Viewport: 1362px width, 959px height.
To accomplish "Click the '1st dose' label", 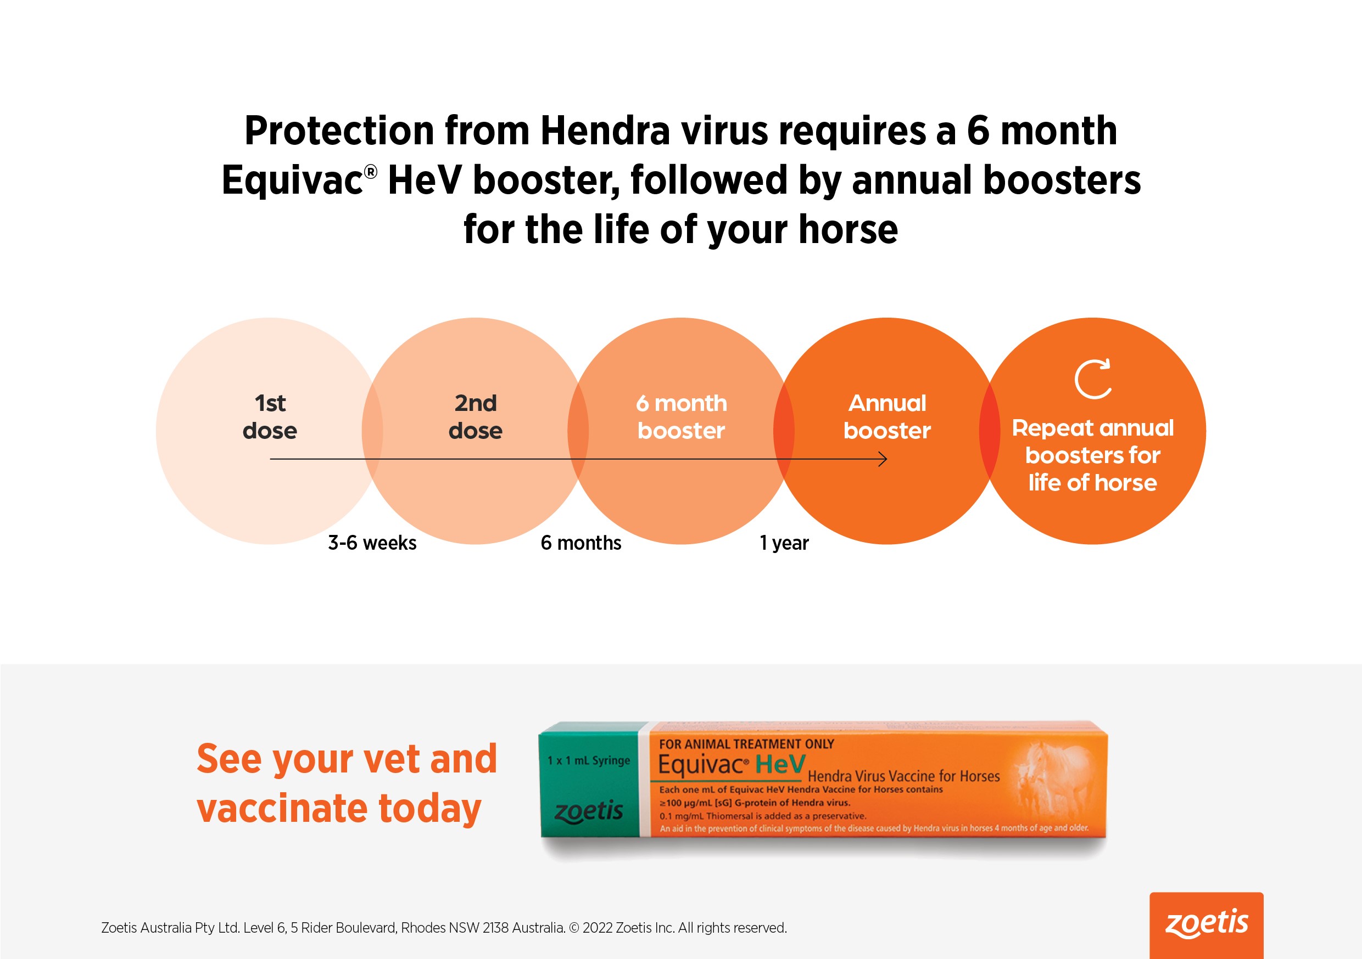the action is pos(270,416).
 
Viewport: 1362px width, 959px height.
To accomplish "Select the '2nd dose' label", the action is pos(476,416).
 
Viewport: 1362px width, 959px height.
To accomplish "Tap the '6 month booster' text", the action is pos(681,416).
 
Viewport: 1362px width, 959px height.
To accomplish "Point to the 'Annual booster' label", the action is pos(887,416).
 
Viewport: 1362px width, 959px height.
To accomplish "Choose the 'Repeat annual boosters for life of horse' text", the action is pos(1093,455).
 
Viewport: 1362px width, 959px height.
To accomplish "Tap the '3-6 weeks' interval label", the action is pos(372,543).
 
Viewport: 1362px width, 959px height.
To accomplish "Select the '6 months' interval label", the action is pos(580,543).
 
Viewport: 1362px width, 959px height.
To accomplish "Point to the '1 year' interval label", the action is pos(784,543).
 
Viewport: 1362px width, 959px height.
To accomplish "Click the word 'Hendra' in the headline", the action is pos(605,131).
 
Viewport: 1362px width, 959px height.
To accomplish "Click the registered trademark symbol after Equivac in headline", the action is pos(370,172).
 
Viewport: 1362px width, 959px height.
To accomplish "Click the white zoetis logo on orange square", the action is pos(1207,924).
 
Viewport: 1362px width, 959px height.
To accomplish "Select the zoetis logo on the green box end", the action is pos(588,811).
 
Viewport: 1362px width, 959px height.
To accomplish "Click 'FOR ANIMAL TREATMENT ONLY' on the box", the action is pos(746,744).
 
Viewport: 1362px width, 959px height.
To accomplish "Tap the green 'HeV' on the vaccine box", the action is pos(780,765).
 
